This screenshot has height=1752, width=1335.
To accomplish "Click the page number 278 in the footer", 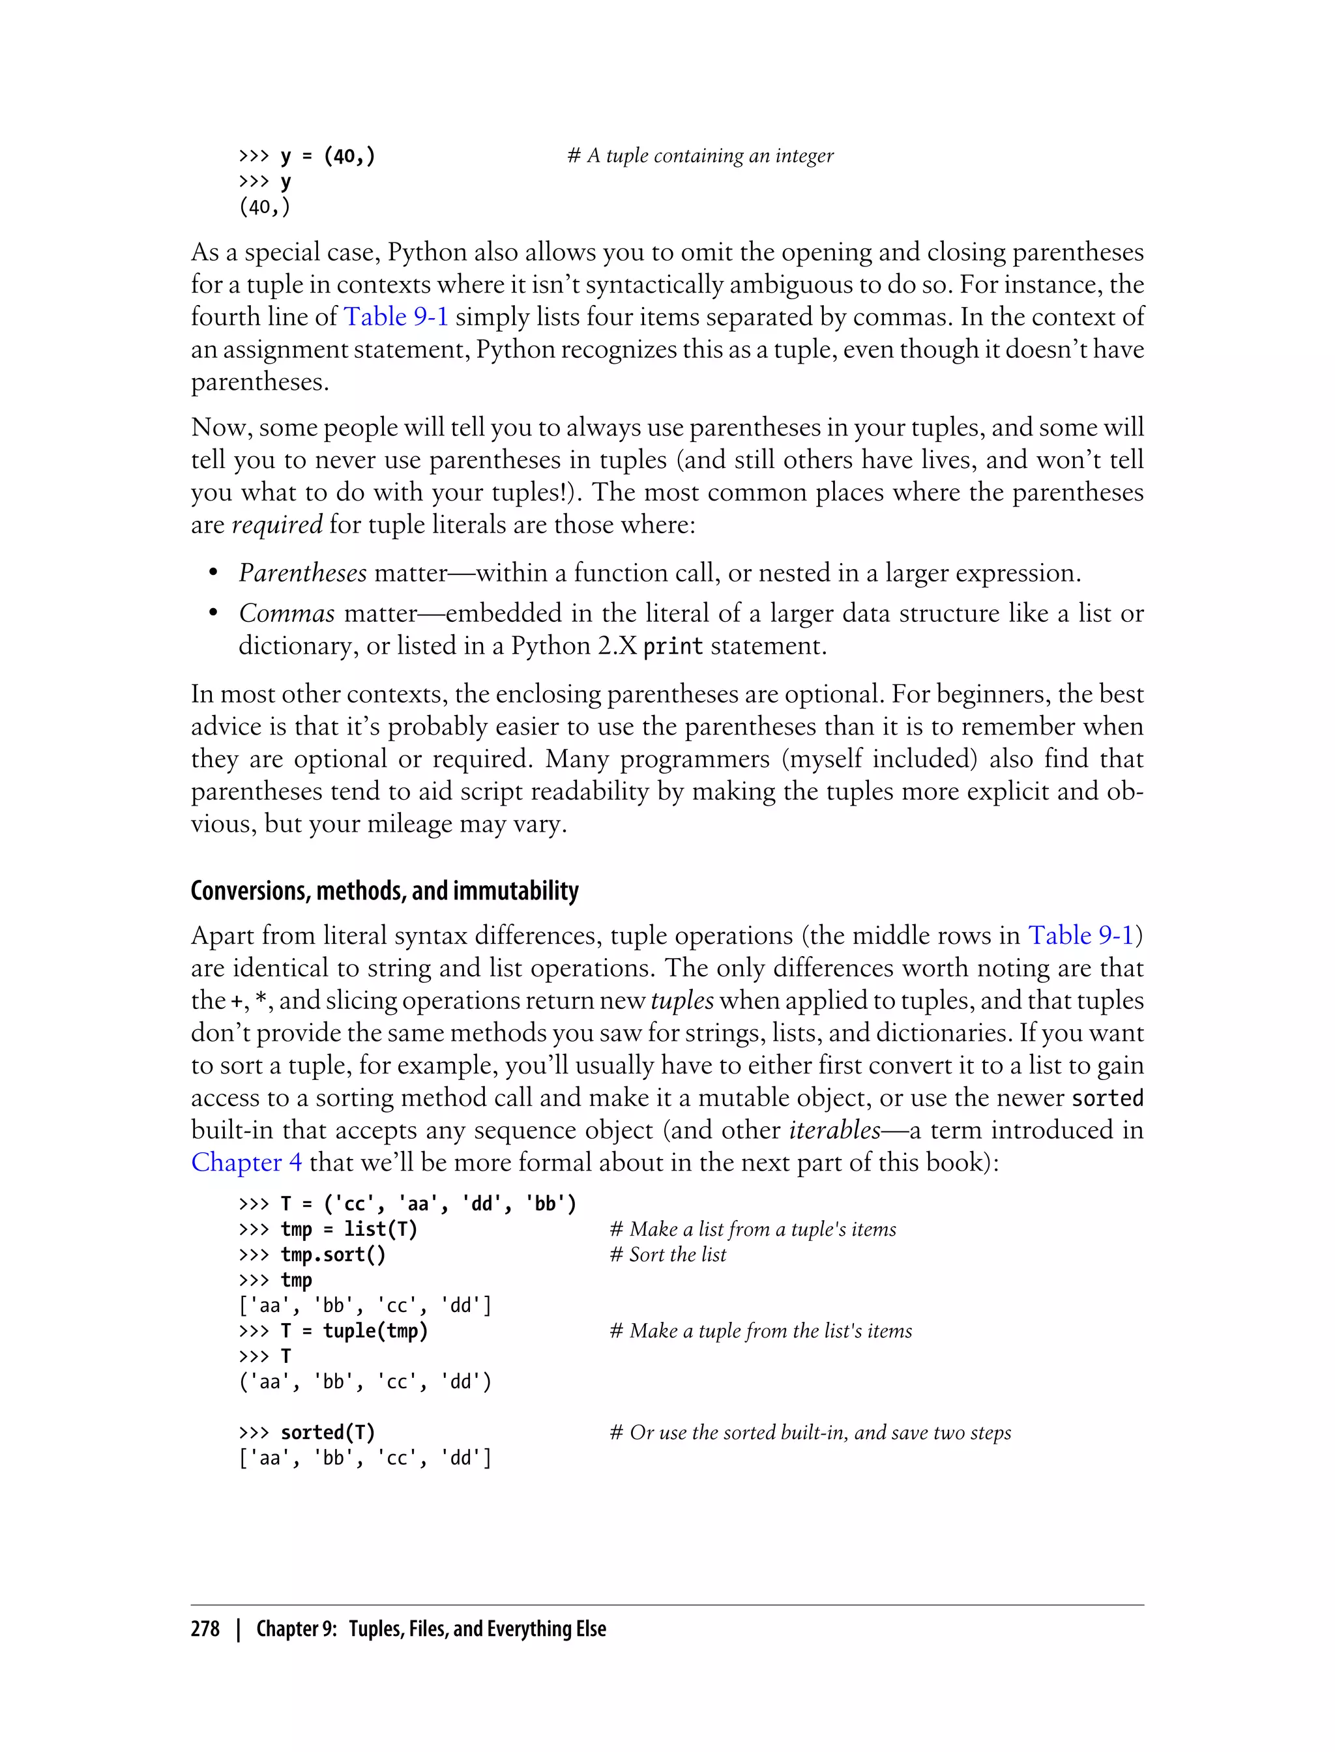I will pos(205,1629).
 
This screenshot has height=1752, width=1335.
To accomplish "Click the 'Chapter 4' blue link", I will pos(246,1162).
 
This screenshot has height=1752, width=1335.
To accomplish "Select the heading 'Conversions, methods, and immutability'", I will pos(385,891).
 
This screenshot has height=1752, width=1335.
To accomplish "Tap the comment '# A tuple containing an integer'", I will pos(700,156).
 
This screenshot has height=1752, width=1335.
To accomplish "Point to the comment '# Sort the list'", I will pos(667,1255).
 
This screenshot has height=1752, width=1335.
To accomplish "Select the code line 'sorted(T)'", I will pos(327,1433).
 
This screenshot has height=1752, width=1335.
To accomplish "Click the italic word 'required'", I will pos(276,525).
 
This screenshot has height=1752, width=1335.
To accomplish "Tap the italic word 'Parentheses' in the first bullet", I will pos(302,573).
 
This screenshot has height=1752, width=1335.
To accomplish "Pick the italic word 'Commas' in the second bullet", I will pos(287,613).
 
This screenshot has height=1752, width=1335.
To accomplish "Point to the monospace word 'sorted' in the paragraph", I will pos(1107,1098).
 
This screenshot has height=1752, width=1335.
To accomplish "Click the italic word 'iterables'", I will pos(834,1130).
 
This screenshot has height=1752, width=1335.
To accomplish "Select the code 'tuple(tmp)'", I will pos(375,1331).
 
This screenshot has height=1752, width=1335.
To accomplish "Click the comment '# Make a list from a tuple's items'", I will pos(752,1229).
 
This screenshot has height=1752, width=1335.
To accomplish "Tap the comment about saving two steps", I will pos(810,1433).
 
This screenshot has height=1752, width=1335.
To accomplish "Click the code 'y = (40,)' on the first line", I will pos(327,156).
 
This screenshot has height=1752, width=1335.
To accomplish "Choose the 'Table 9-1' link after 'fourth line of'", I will pos(396,317).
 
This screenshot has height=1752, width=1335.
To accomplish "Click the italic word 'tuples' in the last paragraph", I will pos(682,1000).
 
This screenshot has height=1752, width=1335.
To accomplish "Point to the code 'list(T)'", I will pos(381,1229).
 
